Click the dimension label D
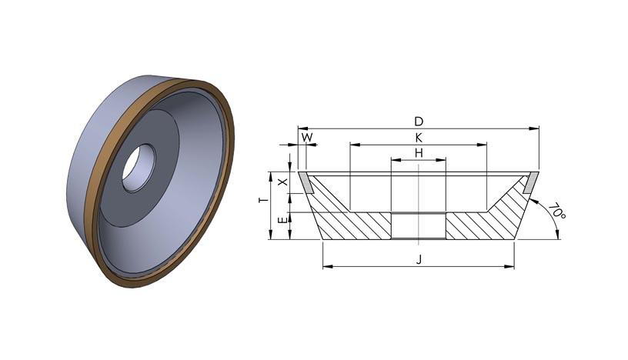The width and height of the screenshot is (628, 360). pyautogui.click(x=419, y=121)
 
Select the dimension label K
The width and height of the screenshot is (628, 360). pyautogui.click(x=419, y=138)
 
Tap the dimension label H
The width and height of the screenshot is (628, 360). pyautogui.click(x=419, y=153)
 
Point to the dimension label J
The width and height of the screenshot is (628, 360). pyautogui.click(x=419, y=260)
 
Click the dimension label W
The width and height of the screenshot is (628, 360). pyautogui.click(x=307, y=138)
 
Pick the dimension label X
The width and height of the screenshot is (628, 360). pyautogui.click(x=282, y=182)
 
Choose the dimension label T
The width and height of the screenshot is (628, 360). pyautogui.click(x=262, y=200)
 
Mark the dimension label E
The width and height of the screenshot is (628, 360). pyautogui.click(x=282, y=220)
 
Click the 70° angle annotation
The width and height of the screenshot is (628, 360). pyautogui.click(x=556, y=212)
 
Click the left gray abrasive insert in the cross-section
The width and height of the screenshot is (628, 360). pyautogui.click(x=306, y=182)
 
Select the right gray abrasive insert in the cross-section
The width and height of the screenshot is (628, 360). pyautogui.click(x=531, y=182)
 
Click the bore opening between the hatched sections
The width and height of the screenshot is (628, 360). pyautogui.click(x=419, y=226)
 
